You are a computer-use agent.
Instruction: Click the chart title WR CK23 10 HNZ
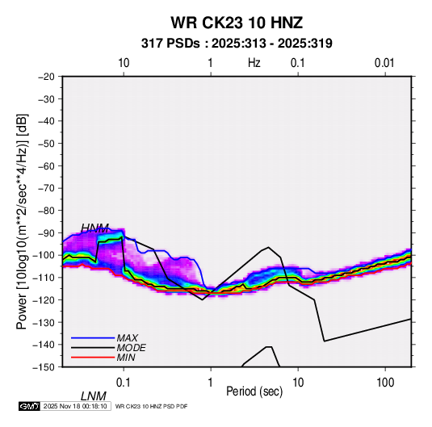[237, 23]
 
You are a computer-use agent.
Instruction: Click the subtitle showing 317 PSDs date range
[237, 44]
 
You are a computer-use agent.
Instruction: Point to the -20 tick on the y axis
[46, 77]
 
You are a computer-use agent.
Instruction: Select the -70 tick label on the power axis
[46, 188]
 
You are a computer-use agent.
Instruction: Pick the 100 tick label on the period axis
[385, 383]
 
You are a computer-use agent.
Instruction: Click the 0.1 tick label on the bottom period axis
[124, 383]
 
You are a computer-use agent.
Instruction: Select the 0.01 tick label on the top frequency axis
[384, 63]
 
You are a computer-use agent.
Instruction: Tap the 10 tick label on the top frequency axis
[124, 63]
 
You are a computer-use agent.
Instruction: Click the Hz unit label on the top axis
[254, 63]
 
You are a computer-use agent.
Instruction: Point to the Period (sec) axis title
[254, 391]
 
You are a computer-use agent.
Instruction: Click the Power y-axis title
[22, 221]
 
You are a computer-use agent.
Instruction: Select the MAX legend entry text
[127, 338]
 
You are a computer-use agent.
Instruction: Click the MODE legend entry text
[131, 348]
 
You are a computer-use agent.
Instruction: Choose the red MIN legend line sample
[93, 358]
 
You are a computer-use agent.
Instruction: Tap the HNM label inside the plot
[94, 228]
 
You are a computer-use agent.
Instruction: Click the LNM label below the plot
[94, 396]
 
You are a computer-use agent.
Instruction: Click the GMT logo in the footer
[29, 406]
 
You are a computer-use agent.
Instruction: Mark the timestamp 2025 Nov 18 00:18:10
[75, 406]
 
